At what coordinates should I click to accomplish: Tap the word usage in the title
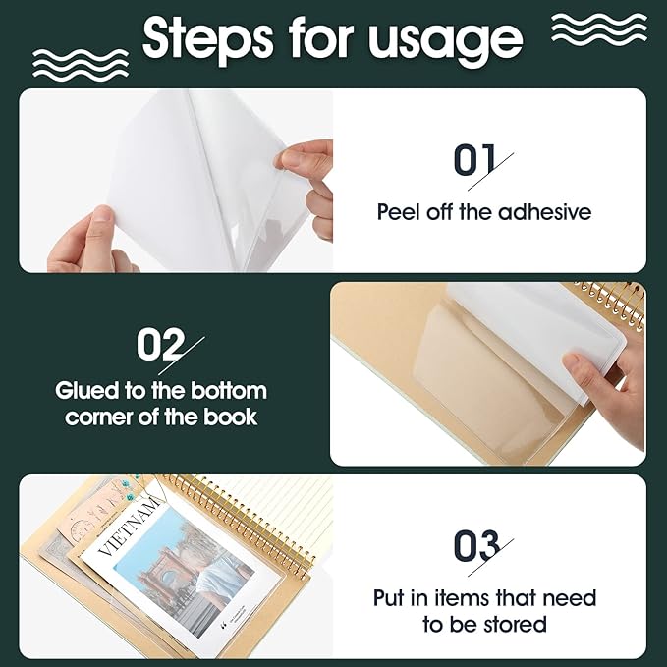[446, 39]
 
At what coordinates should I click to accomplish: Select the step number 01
[473, 161]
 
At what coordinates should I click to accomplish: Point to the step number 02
[160, 345]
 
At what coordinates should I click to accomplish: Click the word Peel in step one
[398, 211]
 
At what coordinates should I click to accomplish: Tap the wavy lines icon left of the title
[80, 61]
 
